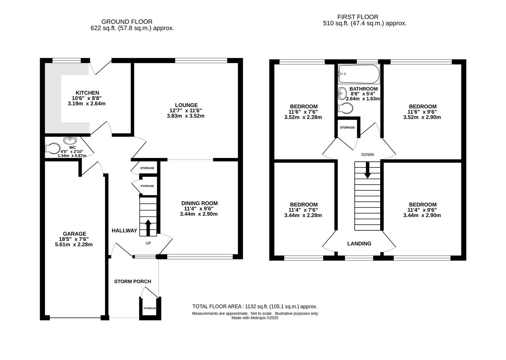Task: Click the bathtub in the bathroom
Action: (359, 74)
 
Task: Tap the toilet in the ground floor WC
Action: (53, 148)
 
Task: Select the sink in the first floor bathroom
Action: (343, 93)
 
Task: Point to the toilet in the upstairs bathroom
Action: (346, 108)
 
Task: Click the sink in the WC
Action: (70, 140)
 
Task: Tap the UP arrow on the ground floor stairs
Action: (148, 228)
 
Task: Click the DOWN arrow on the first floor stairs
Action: (367, 170)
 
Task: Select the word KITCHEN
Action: (87, 93)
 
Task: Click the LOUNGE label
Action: (186, 105)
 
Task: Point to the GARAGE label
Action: (74, 234)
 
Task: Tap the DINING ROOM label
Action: (199, 203)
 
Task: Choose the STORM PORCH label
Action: (133, 281)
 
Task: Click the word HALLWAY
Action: (124, 230)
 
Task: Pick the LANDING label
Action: (359, 244)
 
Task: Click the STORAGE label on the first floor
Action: (347, 128)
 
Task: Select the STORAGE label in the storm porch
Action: (149, 308)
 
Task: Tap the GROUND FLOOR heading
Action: (127, 22)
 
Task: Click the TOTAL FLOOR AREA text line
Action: (255, 307)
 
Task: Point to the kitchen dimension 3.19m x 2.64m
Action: (86, 104)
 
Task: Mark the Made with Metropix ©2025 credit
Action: (255, 318)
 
